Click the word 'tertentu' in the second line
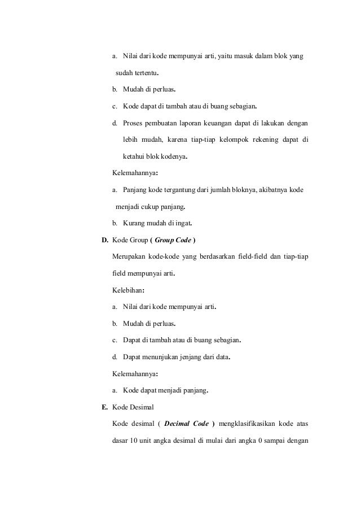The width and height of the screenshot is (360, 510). coord(145,73)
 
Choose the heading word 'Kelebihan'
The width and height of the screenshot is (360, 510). coord(128,291)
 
